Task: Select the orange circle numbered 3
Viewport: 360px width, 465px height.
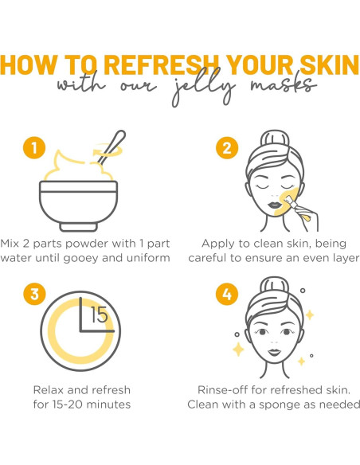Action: click(33, 294)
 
